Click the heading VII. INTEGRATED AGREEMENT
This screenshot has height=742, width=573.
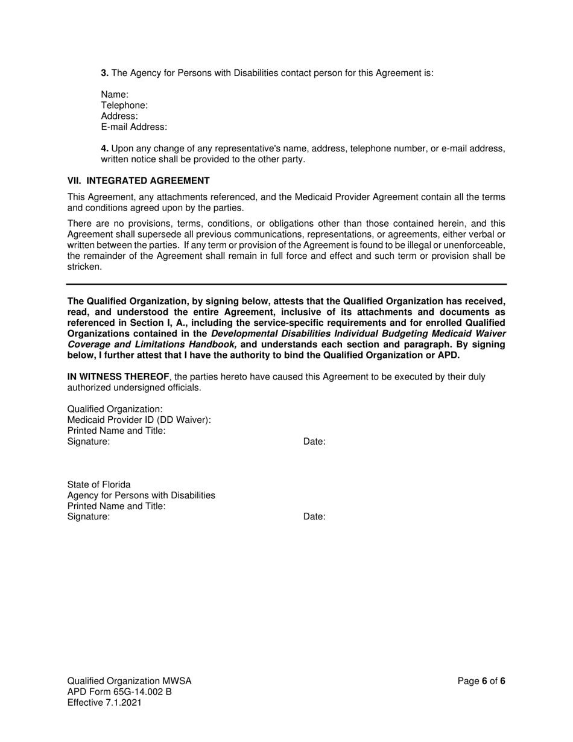(139, 180)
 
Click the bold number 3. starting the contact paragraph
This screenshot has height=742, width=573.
(104, 73)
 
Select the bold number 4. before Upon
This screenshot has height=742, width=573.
(104, 148)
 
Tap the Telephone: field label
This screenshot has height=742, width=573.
(124, 106)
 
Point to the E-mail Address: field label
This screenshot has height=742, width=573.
(134, 127)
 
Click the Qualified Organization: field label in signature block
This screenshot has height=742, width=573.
(115, 409)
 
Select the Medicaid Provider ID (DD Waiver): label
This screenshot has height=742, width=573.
(139, 420)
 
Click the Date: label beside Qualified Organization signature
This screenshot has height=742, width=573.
(314, 442)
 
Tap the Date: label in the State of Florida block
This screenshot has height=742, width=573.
(314, 516)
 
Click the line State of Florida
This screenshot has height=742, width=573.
(99, 484)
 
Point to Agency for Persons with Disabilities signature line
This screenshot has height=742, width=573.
(141, 495)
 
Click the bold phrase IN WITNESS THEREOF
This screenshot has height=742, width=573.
(118, 377)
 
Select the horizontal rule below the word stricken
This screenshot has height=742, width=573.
(286, 284)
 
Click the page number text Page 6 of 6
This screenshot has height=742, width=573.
(481, 681)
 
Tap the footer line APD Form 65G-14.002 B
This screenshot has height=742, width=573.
(119, 692)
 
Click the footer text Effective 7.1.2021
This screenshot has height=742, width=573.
(104, 703)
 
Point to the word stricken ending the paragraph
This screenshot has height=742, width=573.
(84, 267)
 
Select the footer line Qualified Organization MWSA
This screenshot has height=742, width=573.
(129, 681)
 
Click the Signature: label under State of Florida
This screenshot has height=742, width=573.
(89, 516)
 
